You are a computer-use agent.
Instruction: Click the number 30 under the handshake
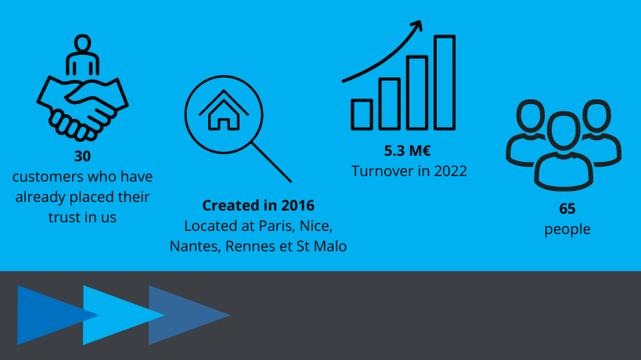[x=82, y=156]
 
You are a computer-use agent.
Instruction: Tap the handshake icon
[x=83, y=107]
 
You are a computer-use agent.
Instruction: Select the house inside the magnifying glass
[x=224, y=110]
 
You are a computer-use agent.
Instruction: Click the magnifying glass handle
[x=271, y=162]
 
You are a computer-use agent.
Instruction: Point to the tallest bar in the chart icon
[x=445, y=82]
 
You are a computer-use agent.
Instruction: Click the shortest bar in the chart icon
[x=362, y=114]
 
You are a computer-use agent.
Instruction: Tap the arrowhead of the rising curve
[x=417, y=25]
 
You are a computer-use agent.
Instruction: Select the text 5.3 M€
[x=407, y=151]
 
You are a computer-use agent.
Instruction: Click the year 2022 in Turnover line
[x=450, y=171]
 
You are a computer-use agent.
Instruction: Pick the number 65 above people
[x=567, y=209]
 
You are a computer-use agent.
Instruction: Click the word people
[x=567, y=229]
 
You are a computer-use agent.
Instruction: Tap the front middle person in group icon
[x=564, y=151]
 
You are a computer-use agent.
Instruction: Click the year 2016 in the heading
[x=297, y=206]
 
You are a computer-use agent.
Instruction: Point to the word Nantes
[x=196, y=247]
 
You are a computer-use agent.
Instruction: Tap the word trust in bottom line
[x=62, y=218]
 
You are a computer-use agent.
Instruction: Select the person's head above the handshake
[x=83, y=42]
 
